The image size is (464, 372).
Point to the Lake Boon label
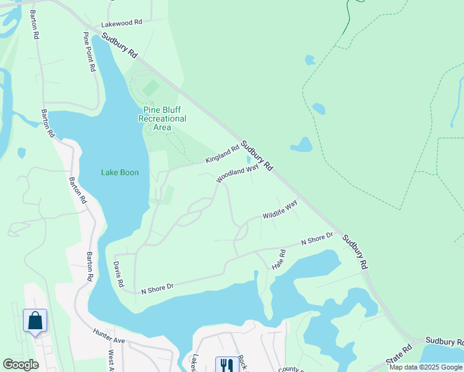(x=120, y=172)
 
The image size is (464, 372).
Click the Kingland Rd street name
(x=223, y=155)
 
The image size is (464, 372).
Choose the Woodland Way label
(x=237, y=173)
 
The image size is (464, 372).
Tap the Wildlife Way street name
(x=280, y=209)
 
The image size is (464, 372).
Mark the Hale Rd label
(x=277, y=259)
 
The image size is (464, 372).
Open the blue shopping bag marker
(x=35, y=321)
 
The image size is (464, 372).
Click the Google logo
(x=20, y=365)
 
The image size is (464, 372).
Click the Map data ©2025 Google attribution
(x=426, y=367)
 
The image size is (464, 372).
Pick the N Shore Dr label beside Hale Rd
(x=317, y=238)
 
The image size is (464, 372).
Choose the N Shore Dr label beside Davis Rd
(x=157, y=288)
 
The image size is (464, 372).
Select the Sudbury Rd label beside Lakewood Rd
(x=120, y=46)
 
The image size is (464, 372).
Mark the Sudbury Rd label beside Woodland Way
(x=257, y=156)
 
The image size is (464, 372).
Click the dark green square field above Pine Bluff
(x=151, y=88)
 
